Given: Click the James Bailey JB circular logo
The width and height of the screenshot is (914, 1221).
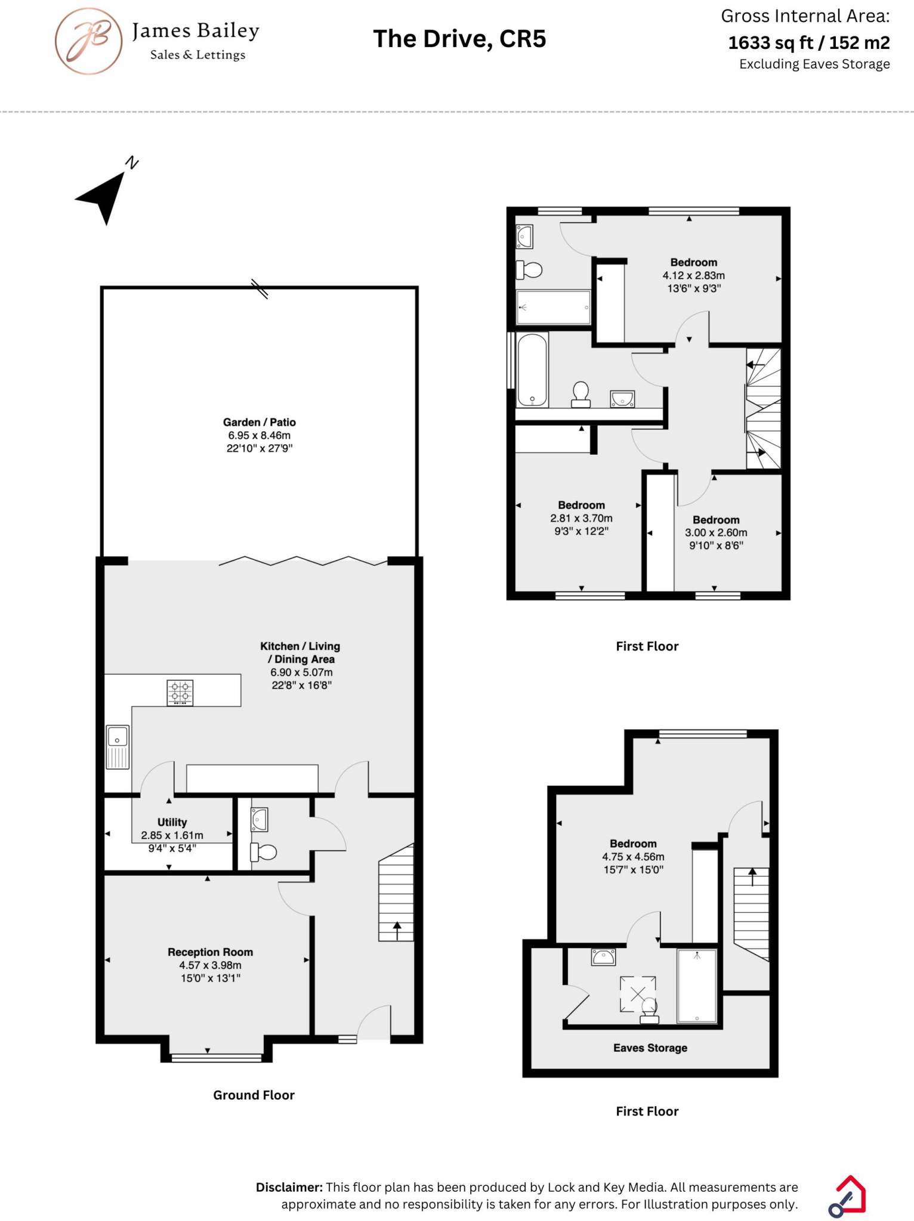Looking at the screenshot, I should (x=88, y=41).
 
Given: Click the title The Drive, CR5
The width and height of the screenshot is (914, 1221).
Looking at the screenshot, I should (x=459, y=39).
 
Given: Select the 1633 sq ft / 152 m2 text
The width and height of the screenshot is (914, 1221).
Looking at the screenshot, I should (x=808, y=43).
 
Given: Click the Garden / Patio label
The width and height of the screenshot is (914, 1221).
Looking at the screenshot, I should (x=259, y=422).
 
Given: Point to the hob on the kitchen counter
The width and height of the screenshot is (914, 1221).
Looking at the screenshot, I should (x=180, y=693).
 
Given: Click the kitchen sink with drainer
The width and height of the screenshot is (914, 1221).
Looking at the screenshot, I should (x=118, y=747).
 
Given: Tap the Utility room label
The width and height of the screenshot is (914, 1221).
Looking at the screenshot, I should (x=172, y=822).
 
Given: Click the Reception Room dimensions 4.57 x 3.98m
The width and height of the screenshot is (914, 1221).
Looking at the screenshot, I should (x=210, y=965).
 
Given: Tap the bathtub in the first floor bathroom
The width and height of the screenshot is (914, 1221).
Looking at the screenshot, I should (x=532, y=370).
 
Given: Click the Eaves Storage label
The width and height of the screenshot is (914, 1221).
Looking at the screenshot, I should (x=650, y=1048).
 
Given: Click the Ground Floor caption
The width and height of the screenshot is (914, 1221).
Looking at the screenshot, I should (x=254, y=1095).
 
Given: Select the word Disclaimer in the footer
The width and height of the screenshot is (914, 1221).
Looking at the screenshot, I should (x=289, y=1187).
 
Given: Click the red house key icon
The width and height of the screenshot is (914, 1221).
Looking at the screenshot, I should (x=848, y=1196).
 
